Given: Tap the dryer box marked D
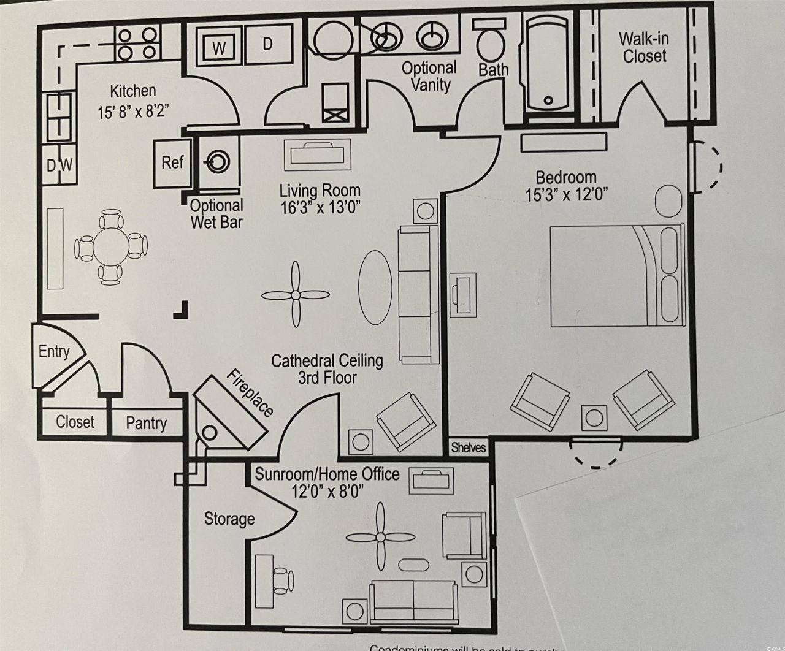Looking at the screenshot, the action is coord(267,44).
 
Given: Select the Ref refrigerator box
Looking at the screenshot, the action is coord(172,162).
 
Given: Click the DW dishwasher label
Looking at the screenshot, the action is coord(60,165).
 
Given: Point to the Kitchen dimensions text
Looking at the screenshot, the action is coord(132,112).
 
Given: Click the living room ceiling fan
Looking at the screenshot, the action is coord(296,295).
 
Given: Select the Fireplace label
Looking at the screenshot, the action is coord(250,393).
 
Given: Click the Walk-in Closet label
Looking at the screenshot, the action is coord(643,47).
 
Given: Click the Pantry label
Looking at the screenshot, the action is coord(146,423).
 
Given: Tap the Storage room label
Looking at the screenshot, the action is coord(229,519).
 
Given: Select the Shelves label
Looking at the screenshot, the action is coord(469,447).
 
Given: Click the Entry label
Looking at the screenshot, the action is coord(54,352).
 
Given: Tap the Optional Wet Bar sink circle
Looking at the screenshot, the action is coord(217,162).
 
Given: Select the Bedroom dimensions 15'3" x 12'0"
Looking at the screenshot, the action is coord(566,195).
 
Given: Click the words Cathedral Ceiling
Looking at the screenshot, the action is coord(327,360).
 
